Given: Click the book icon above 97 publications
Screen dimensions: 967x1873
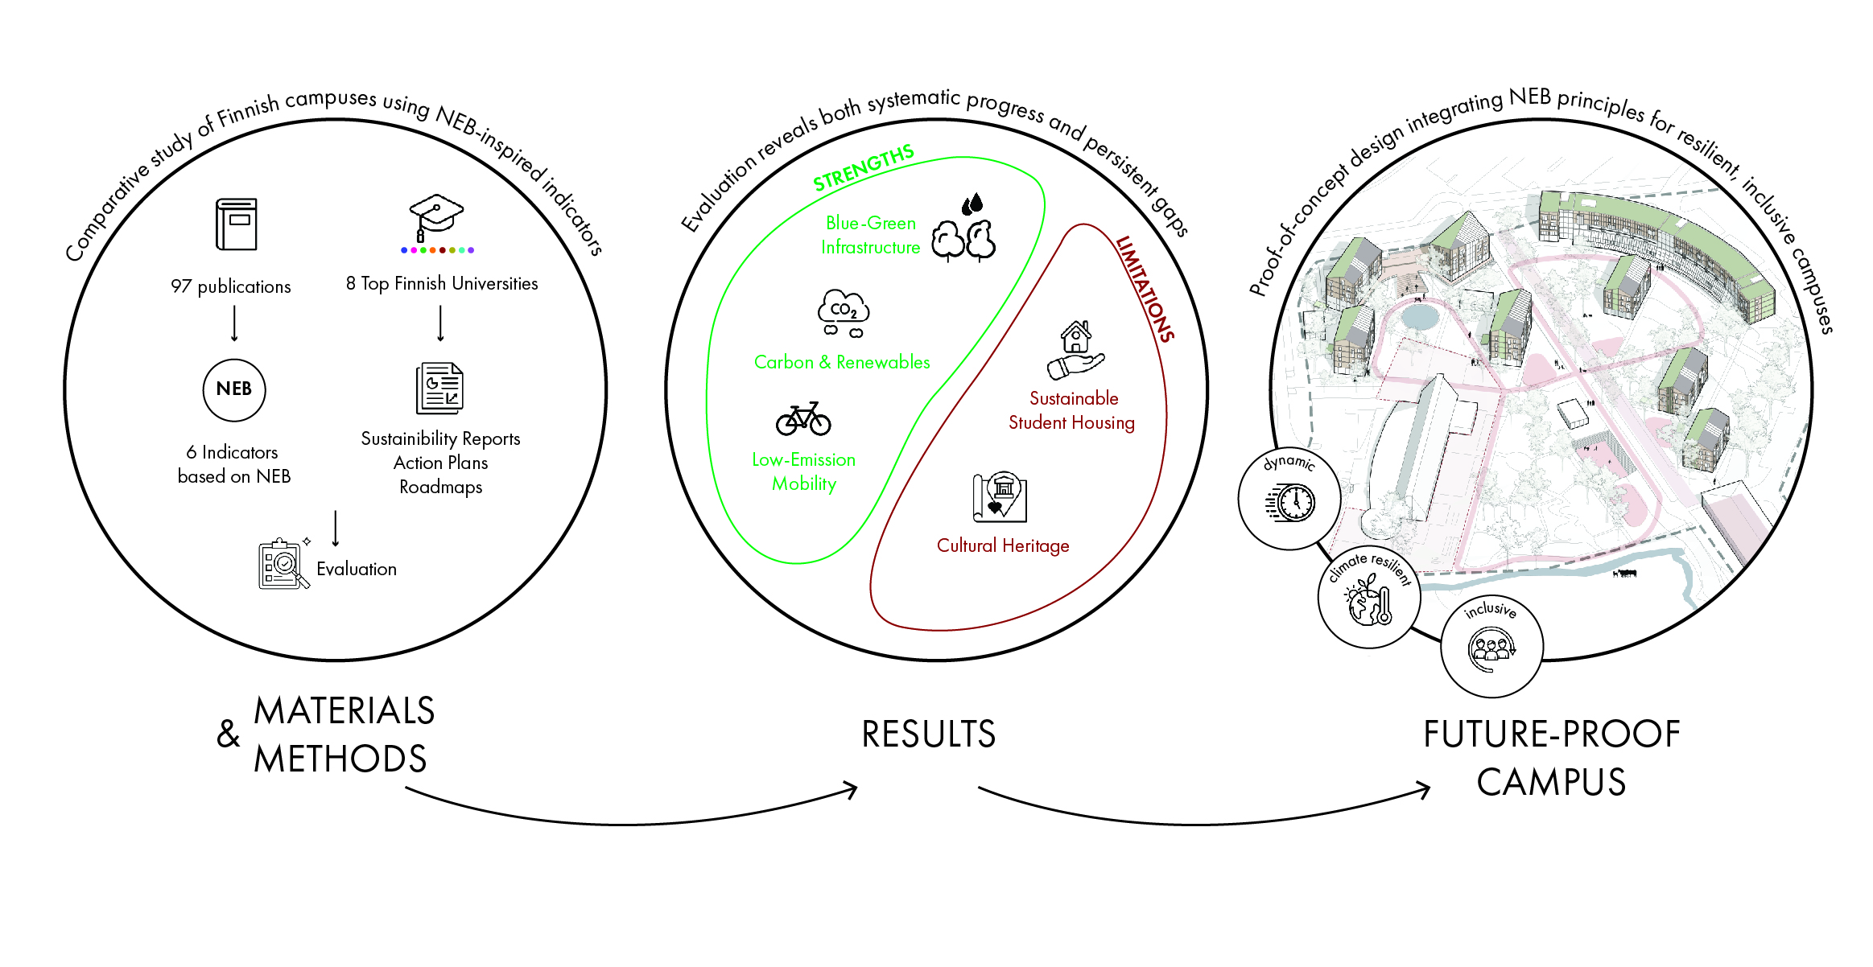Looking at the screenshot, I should click(236, 224).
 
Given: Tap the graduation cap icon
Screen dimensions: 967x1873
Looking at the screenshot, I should click(436, 216).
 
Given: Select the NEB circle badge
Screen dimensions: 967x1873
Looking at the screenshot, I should click(234, 389).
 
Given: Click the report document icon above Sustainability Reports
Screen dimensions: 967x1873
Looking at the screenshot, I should click(439, 389).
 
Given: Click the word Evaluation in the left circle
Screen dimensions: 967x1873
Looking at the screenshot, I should click(357, 570).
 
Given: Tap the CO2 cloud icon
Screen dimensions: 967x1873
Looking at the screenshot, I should click(844, 313).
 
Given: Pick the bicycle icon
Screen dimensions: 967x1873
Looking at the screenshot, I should click(803, 418).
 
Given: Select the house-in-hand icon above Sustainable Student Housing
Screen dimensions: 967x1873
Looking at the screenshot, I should click(1075, 351).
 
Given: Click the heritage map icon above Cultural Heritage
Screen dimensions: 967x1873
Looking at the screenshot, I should click(1000, 497).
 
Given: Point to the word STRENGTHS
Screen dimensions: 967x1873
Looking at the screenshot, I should click(863, 168).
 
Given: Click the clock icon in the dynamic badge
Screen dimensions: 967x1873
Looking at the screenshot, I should click(1290, 503).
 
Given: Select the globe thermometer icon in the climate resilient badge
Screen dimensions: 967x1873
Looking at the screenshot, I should click(1368, 603).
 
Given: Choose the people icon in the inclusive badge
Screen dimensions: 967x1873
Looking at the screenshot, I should click(1491, 648).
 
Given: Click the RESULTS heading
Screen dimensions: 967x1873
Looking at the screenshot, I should click(928, 735).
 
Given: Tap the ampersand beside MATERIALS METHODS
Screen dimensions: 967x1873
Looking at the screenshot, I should click(229, 735).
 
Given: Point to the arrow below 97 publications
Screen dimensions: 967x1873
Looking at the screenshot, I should click(234, 323).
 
